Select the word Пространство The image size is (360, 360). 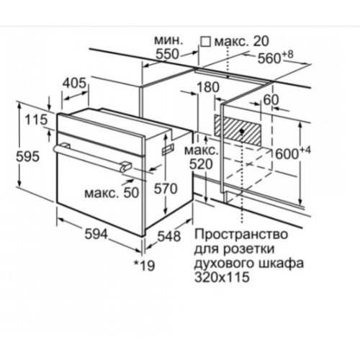235,234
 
